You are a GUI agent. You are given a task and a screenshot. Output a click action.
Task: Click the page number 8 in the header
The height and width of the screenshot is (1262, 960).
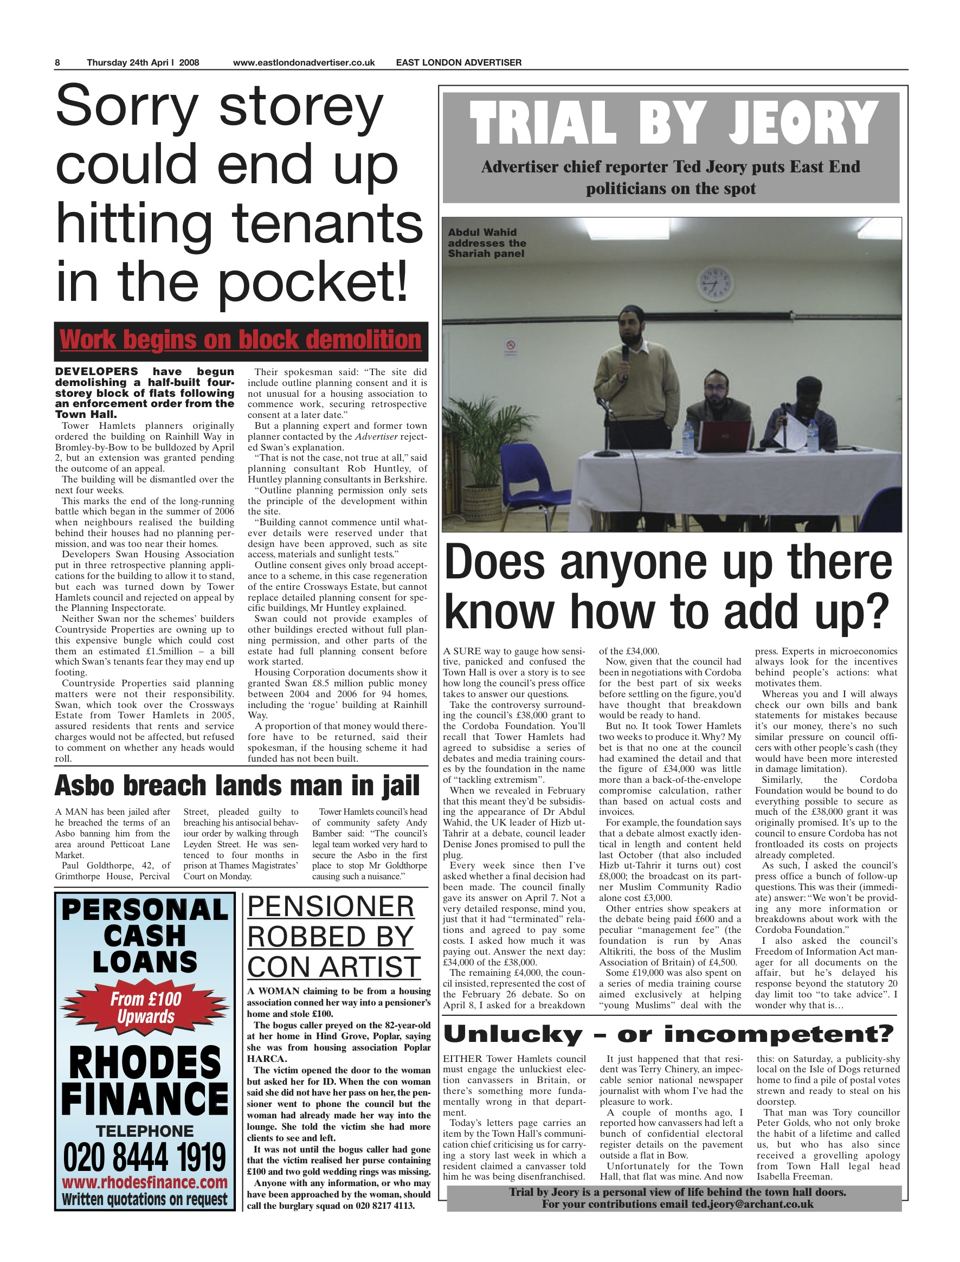pos(57,63)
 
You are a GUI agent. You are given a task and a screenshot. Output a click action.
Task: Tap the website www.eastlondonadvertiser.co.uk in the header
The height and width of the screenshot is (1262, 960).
pos(304,63)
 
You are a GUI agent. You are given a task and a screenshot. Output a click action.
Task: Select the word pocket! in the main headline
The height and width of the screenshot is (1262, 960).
pos(314,282)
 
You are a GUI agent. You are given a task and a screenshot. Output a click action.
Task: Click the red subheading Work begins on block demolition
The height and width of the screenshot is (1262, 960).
pos(241,340)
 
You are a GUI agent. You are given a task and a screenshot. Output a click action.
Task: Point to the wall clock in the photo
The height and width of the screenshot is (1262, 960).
pos(715,284)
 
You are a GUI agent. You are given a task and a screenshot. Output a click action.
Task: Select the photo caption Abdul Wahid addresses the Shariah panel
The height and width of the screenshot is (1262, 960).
pos(487,243)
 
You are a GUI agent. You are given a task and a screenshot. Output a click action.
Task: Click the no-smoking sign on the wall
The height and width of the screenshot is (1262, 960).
pos(511,346)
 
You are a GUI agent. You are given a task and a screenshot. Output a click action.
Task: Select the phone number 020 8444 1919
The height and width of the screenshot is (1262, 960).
pos(145,1157)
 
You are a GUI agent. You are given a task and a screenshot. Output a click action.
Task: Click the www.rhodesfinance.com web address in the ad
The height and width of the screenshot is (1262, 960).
pos(145,1182)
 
